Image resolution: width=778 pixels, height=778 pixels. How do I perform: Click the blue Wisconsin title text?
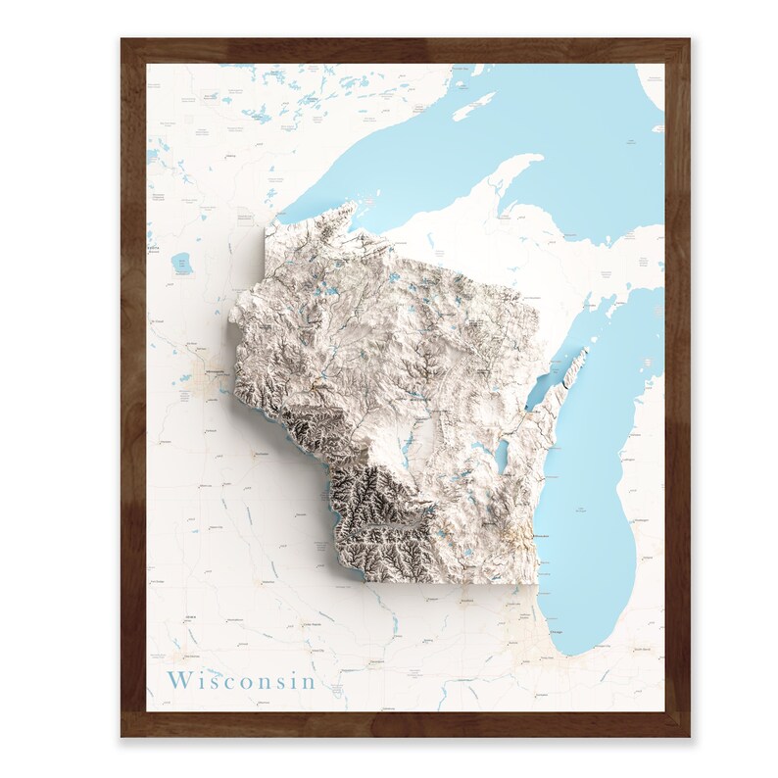(x=241, y=680)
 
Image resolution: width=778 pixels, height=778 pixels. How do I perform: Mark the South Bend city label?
(x=642, y=649)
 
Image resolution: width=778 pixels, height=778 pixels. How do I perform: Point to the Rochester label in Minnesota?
(x=260, y=456)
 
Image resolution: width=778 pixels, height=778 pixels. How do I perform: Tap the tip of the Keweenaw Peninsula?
(x=538, y=157)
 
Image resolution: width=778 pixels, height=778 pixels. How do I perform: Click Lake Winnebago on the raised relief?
(x=503, y=453)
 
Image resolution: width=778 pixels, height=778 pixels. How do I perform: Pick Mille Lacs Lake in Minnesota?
(x=180, y=262)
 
